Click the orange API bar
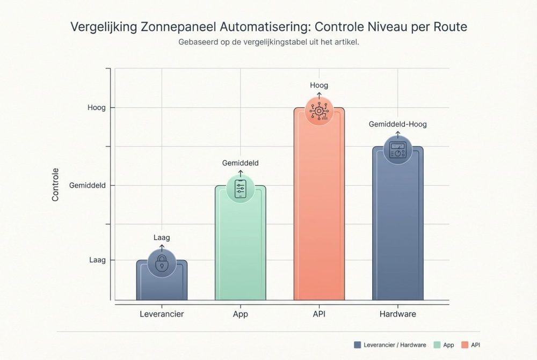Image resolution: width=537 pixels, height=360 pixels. click(319, 215)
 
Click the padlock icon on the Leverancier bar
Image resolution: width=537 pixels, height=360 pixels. click(162, 263)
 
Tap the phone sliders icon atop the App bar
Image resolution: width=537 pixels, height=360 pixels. click(240, 188)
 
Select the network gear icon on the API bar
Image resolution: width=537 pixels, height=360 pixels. click(319, 111)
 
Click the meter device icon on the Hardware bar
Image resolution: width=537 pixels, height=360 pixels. click(398, 150)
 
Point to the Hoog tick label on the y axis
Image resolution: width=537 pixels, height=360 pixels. click(97, 108)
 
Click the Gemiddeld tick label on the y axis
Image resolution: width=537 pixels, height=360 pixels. click(88, 186)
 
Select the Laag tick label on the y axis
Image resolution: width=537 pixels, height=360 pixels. click(97, 260)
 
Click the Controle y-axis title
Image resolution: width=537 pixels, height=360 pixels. click(55, 185)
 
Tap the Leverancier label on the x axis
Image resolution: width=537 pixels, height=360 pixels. click(162, 314)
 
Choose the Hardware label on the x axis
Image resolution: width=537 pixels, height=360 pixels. click(397, 314)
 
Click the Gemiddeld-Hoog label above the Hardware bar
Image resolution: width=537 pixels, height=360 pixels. click(398, 124)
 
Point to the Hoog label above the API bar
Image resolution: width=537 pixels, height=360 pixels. click(319, 85)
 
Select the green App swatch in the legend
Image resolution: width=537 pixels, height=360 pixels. click(436, 345)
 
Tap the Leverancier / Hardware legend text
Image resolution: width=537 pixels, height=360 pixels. click(394, 345)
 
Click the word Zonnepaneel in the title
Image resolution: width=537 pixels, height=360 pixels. click(179, 27)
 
